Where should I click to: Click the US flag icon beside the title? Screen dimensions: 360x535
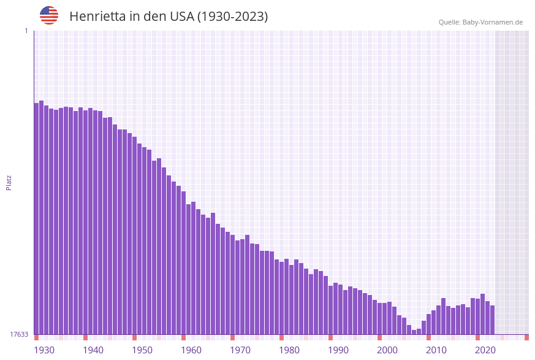[x=49, y=15]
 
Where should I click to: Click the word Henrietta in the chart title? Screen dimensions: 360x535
[x=98, y=17]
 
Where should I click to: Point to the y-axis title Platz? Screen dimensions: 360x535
[x=9, y=182]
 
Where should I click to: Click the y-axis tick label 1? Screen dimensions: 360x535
[x=26, y=31]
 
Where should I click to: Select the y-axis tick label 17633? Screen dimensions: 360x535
[x=19, y=334]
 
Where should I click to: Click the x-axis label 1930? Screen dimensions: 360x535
[x=44, y=350]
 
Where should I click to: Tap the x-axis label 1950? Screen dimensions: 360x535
[x=142, y=350]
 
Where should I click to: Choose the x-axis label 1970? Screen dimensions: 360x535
[x=240, y=350]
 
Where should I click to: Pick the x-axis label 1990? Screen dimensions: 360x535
[x=338, y=350]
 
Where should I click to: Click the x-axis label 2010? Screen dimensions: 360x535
[x=436, y=350]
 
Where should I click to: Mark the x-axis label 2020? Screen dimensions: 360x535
[x=485, y=350]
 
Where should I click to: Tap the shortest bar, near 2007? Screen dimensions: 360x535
[x=414, y=332]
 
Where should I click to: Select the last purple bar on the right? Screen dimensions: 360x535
[x=492, y=320]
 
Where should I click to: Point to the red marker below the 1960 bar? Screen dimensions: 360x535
[x=183, y=337]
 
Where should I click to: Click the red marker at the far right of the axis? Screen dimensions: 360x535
[x=526, y=337]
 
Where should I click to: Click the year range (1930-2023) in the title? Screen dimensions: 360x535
[x=232, y=17]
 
